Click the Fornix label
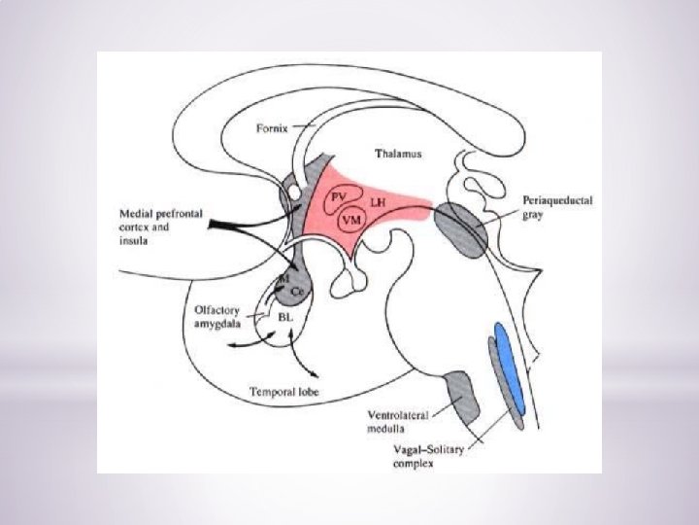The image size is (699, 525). click(272, 128)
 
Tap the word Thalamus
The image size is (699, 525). click(398, 155)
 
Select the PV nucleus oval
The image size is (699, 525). click(339, 195)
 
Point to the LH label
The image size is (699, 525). click(379, 199)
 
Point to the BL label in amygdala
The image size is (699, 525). click(285, 318)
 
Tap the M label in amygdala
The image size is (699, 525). click(283, 279)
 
